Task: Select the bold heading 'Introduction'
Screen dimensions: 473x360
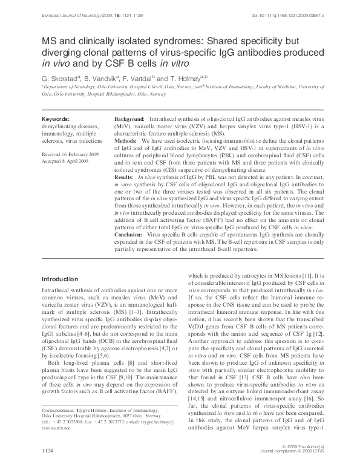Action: [x=59, y=279]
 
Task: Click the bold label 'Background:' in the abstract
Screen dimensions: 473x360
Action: [x=129, y=120]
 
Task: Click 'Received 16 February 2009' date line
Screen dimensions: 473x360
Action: [x=70, y=155]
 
